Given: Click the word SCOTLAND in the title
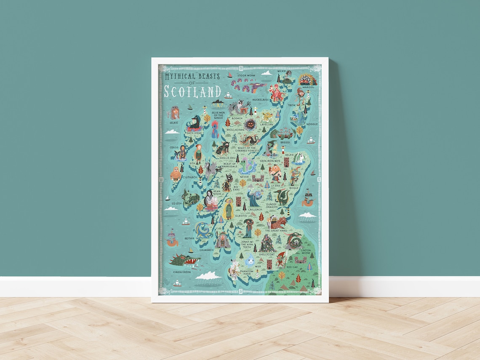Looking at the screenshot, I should click(x=192, y=91).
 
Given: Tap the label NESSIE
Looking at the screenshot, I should click(x=245, y=177).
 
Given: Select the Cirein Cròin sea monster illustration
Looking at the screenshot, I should click(x=184, y=261).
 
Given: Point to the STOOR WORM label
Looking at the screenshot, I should click(x=246, y=75).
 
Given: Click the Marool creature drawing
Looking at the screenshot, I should click(x=307, y=80).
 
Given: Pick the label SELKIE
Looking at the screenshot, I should click(x=173, y=123).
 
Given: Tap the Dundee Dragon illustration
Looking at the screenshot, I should click(x=282, y=196).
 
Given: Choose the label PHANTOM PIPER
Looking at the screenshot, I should click(x=246, y=273).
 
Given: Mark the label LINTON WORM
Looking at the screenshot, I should click(x=306, y=251).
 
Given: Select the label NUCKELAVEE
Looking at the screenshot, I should click(x=261, y=100).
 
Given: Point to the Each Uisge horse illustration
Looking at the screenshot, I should click(x=195, y=123).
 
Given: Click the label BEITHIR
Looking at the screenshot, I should click(x=190, y=238).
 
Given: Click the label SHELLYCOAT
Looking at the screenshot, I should click(x=267, y=254).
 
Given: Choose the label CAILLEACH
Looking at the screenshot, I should click(x=255, y=209).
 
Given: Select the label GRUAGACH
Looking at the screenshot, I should click(x=206, y=250).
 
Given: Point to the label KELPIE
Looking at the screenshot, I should click(x=289, y=155).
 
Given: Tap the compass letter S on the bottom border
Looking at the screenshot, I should click(x=240, y=291).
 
